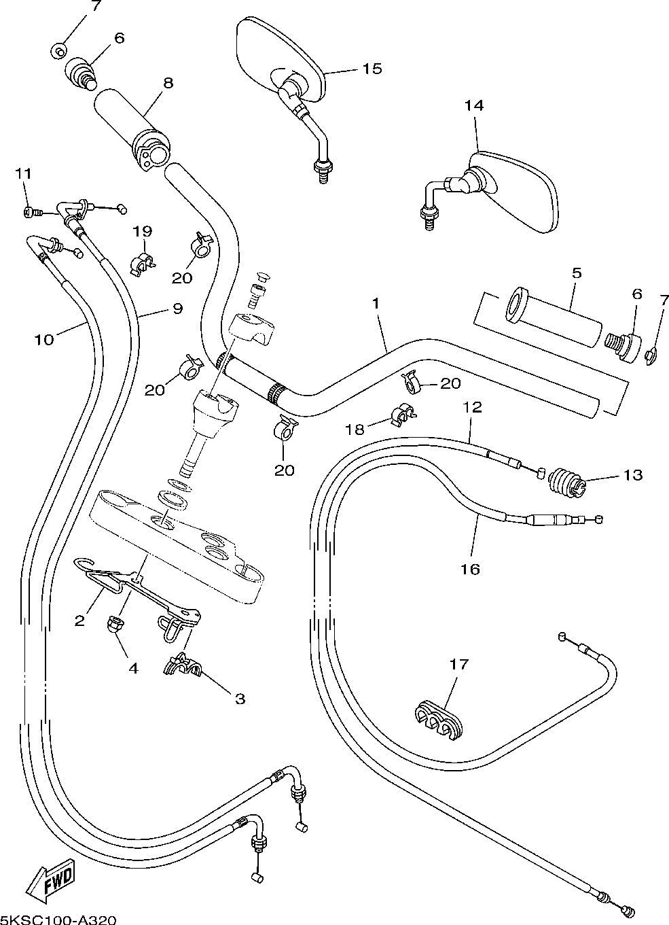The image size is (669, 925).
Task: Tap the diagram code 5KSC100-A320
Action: click(55, 918)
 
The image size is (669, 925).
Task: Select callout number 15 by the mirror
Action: click(372, 69)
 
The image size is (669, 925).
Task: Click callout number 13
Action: click(632, 475)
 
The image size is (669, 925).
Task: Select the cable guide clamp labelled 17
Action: click(438, 719)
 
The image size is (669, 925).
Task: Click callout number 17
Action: click(459, 664)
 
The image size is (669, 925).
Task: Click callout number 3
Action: click(240, 698)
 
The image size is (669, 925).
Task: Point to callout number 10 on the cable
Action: click(44, 338)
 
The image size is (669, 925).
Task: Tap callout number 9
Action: click(177, 309)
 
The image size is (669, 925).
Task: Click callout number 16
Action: click(470, 568)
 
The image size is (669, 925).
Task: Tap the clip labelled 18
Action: click(403, 417)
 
